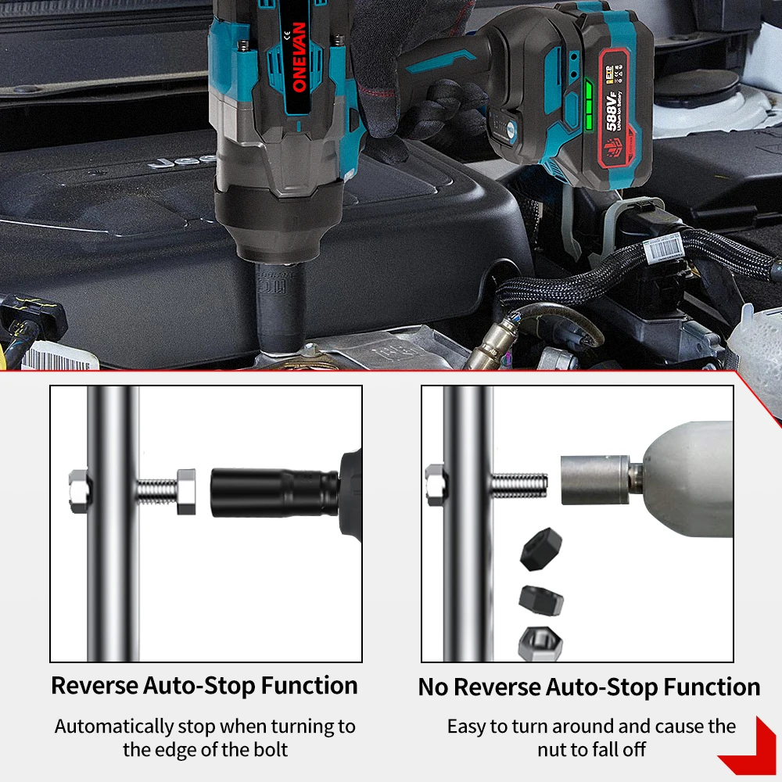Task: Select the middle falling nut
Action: point(540,601)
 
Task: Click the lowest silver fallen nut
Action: point(536,643)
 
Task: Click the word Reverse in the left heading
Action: point(95,686)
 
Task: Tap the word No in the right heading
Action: point(433,687)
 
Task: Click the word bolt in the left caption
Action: point(268,749)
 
